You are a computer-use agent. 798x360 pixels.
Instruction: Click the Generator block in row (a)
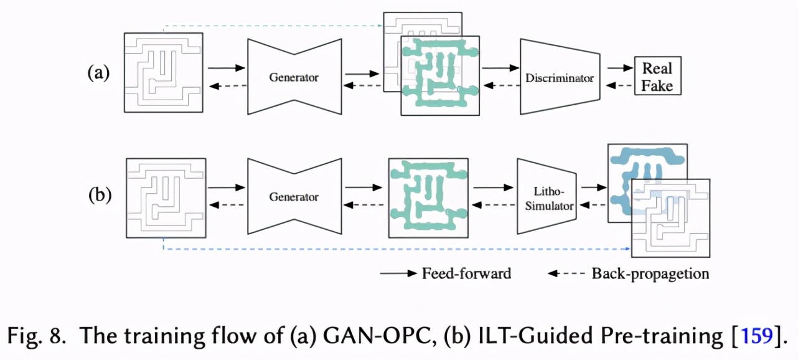294,77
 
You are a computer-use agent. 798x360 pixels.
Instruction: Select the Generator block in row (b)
294,197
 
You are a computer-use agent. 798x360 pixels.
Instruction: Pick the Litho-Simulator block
545,197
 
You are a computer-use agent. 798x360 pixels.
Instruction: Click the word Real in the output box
657,68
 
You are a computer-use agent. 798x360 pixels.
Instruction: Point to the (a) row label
98,73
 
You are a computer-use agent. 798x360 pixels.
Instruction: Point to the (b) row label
98,195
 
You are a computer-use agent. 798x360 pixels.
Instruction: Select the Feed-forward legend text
466,273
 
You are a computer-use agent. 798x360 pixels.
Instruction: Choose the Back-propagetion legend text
650,273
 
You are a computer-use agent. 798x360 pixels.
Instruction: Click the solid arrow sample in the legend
398,273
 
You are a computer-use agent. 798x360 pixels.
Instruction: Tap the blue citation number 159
757,336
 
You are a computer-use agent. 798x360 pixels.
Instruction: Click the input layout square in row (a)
163,72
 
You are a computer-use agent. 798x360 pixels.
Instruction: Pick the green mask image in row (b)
428,198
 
